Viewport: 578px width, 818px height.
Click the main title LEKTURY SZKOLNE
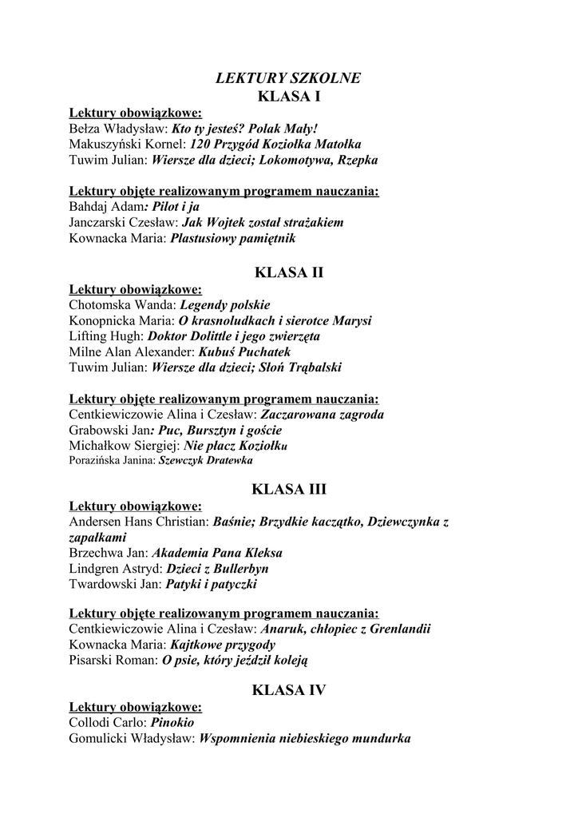coord(288,78)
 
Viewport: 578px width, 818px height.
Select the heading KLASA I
coord(288,97)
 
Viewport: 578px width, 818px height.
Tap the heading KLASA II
coord(288,272)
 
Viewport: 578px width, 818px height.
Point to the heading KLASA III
coord(288,489)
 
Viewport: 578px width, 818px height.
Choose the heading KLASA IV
coord(288,690)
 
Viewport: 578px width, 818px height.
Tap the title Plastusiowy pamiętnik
coord(234,238)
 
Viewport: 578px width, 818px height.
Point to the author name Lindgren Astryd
coord(115,569)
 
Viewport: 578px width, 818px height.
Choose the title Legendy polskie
coord(225,304)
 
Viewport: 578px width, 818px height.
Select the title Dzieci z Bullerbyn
coord(217,569)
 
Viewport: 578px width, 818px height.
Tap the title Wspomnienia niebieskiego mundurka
coord(305,739)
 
